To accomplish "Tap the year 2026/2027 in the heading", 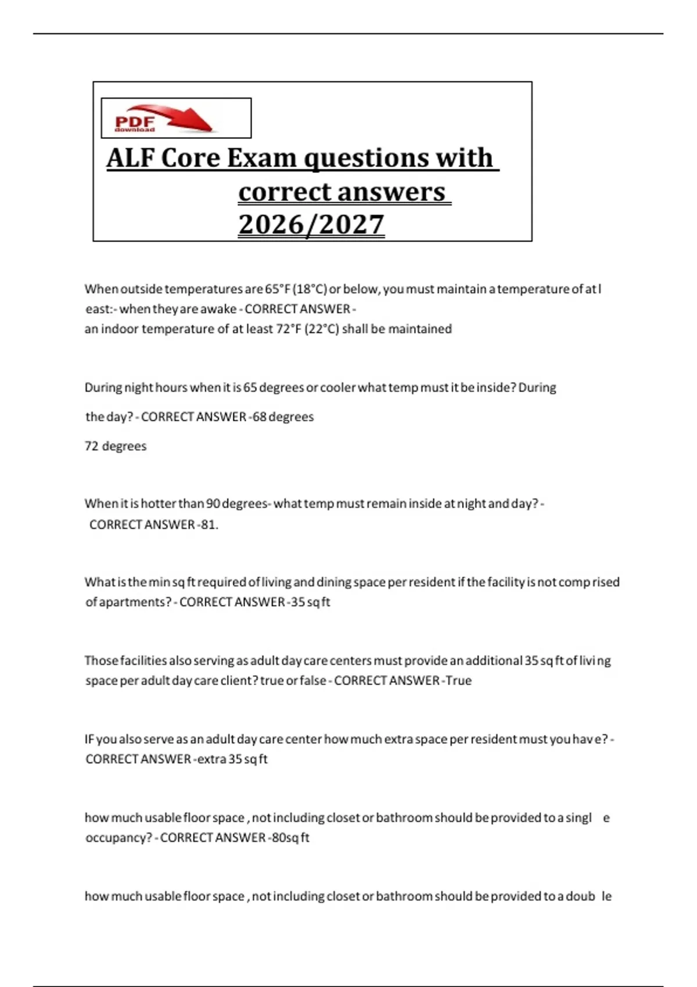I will tap(311, 225).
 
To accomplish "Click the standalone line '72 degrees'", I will tap(116, 446).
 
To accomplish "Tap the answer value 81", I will tap(209, 525).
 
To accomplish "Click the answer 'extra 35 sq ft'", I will tap(232, 759).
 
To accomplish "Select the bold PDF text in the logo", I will tap(135, 122).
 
